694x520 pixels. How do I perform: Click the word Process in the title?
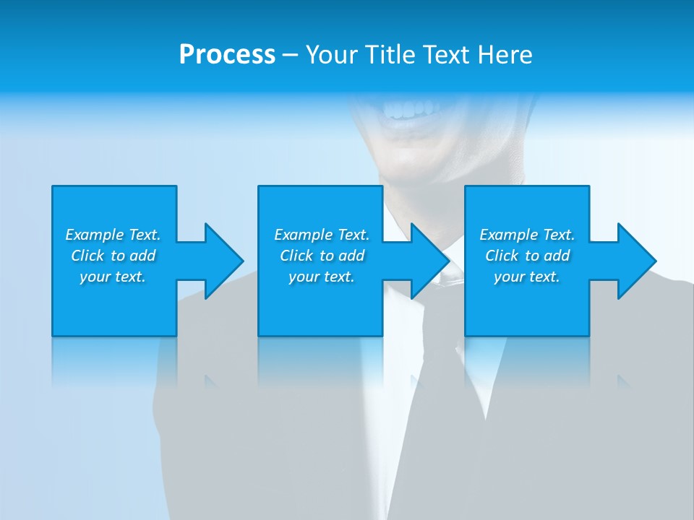227,55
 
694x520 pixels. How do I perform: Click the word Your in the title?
332,55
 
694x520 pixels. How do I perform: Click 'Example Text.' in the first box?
113,235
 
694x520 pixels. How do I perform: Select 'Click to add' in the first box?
113,256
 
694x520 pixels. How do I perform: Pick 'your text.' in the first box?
113,277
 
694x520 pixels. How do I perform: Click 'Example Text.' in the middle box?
322,235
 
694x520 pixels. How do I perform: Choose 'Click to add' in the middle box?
322,256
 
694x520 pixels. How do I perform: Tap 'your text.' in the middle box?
322,277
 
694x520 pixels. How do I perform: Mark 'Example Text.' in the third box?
527,235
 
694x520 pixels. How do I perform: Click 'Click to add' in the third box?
527,256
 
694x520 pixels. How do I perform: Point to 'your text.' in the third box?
527,277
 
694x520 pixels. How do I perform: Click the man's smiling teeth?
410,110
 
